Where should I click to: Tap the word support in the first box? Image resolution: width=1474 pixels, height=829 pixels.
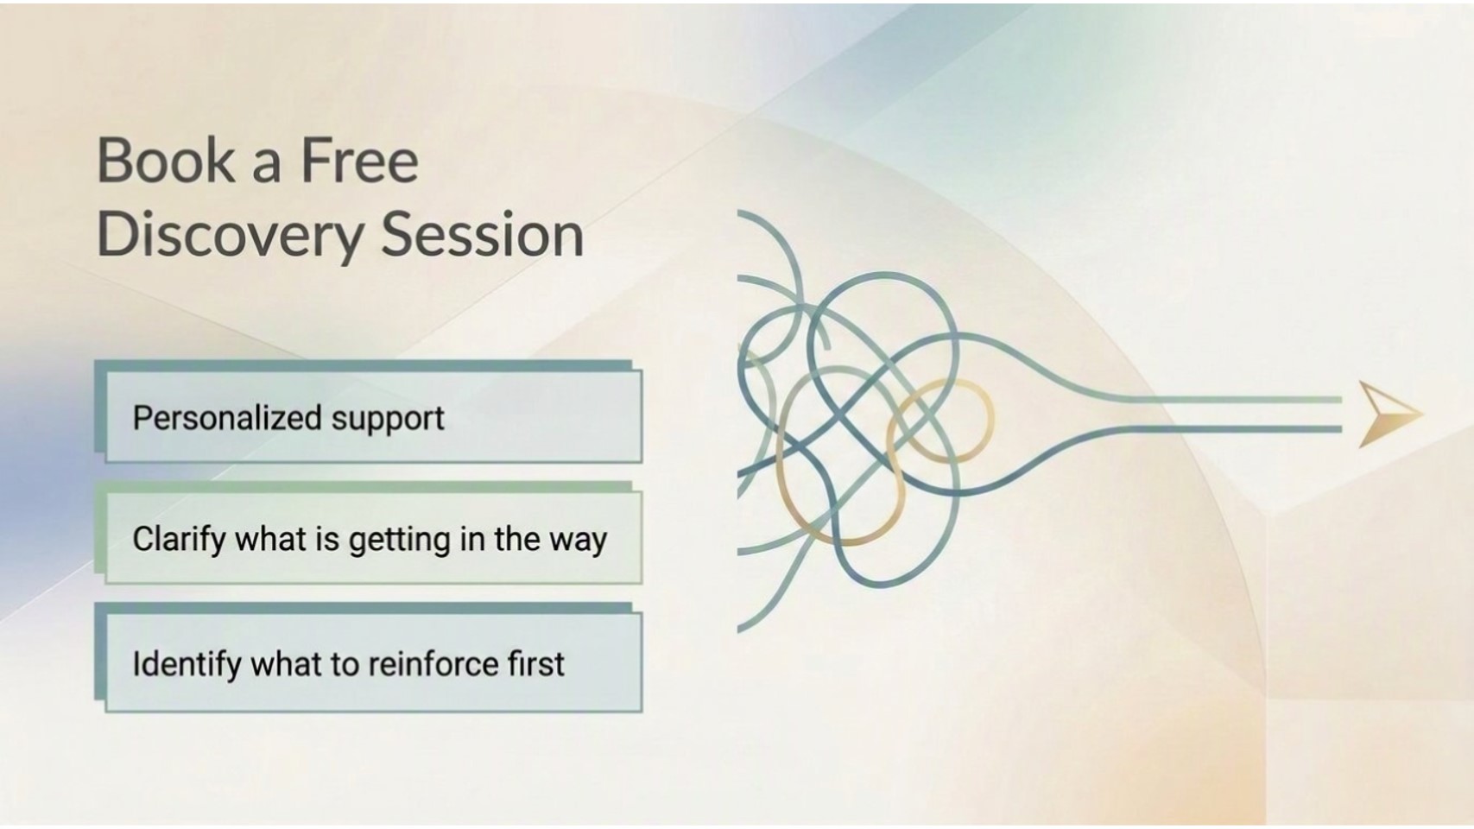click(x=388, y=420)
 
